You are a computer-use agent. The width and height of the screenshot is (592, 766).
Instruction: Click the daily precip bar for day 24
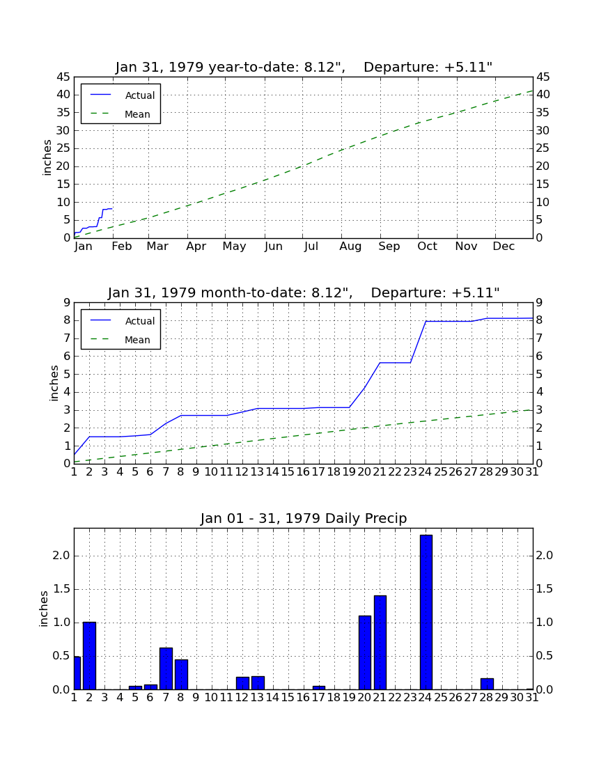coord(426,612)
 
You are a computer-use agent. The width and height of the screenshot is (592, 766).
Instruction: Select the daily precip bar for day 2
coord(89,655)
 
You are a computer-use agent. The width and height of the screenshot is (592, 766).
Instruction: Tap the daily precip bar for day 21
coord(380,643)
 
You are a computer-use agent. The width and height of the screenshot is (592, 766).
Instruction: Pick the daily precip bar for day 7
coord(166,669)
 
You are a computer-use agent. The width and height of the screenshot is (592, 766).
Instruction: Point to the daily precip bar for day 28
coord(487,684)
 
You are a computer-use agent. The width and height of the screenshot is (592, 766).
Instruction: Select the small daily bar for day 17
coord(319,688)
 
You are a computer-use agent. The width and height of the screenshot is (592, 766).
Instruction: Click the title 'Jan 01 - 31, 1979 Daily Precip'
coord(304,518)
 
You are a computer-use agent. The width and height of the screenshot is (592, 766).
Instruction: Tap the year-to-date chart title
coord(304,67)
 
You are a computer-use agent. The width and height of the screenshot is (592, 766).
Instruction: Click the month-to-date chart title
coord(304,292)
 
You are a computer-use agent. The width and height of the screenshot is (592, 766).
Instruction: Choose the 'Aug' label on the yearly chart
coord(350,247)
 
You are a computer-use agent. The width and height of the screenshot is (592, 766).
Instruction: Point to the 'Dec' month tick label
coord(504,247)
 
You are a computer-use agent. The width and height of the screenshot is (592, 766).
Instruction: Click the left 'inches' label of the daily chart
coord(43,609)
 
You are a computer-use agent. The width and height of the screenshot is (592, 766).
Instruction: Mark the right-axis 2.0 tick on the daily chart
coord(545,556)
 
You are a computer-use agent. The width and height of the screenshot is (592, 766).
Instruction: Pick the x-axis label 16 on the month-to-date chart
coord(303,472)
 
